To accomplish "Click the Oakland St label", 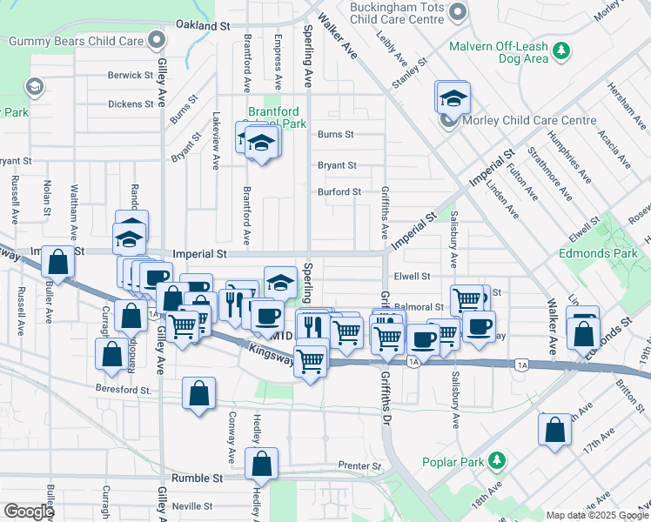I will (x=202, y=26).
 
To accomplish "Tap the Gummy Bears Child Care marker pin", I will (x=156, y=40).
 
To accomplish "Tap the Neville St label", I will (x=192, y=505).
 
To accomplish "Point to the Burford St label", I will (x=339, y=191).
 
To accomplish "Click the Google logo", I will (x=28, y=512).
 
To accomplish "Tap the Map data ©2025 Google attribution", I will (x=596, y=515).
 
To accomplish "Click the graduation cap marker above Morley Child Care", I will (x=453, y=97).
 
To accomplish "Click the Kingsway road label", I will (x=272, y=351).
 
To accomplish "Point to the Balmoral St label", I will (x=419, y=307).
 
